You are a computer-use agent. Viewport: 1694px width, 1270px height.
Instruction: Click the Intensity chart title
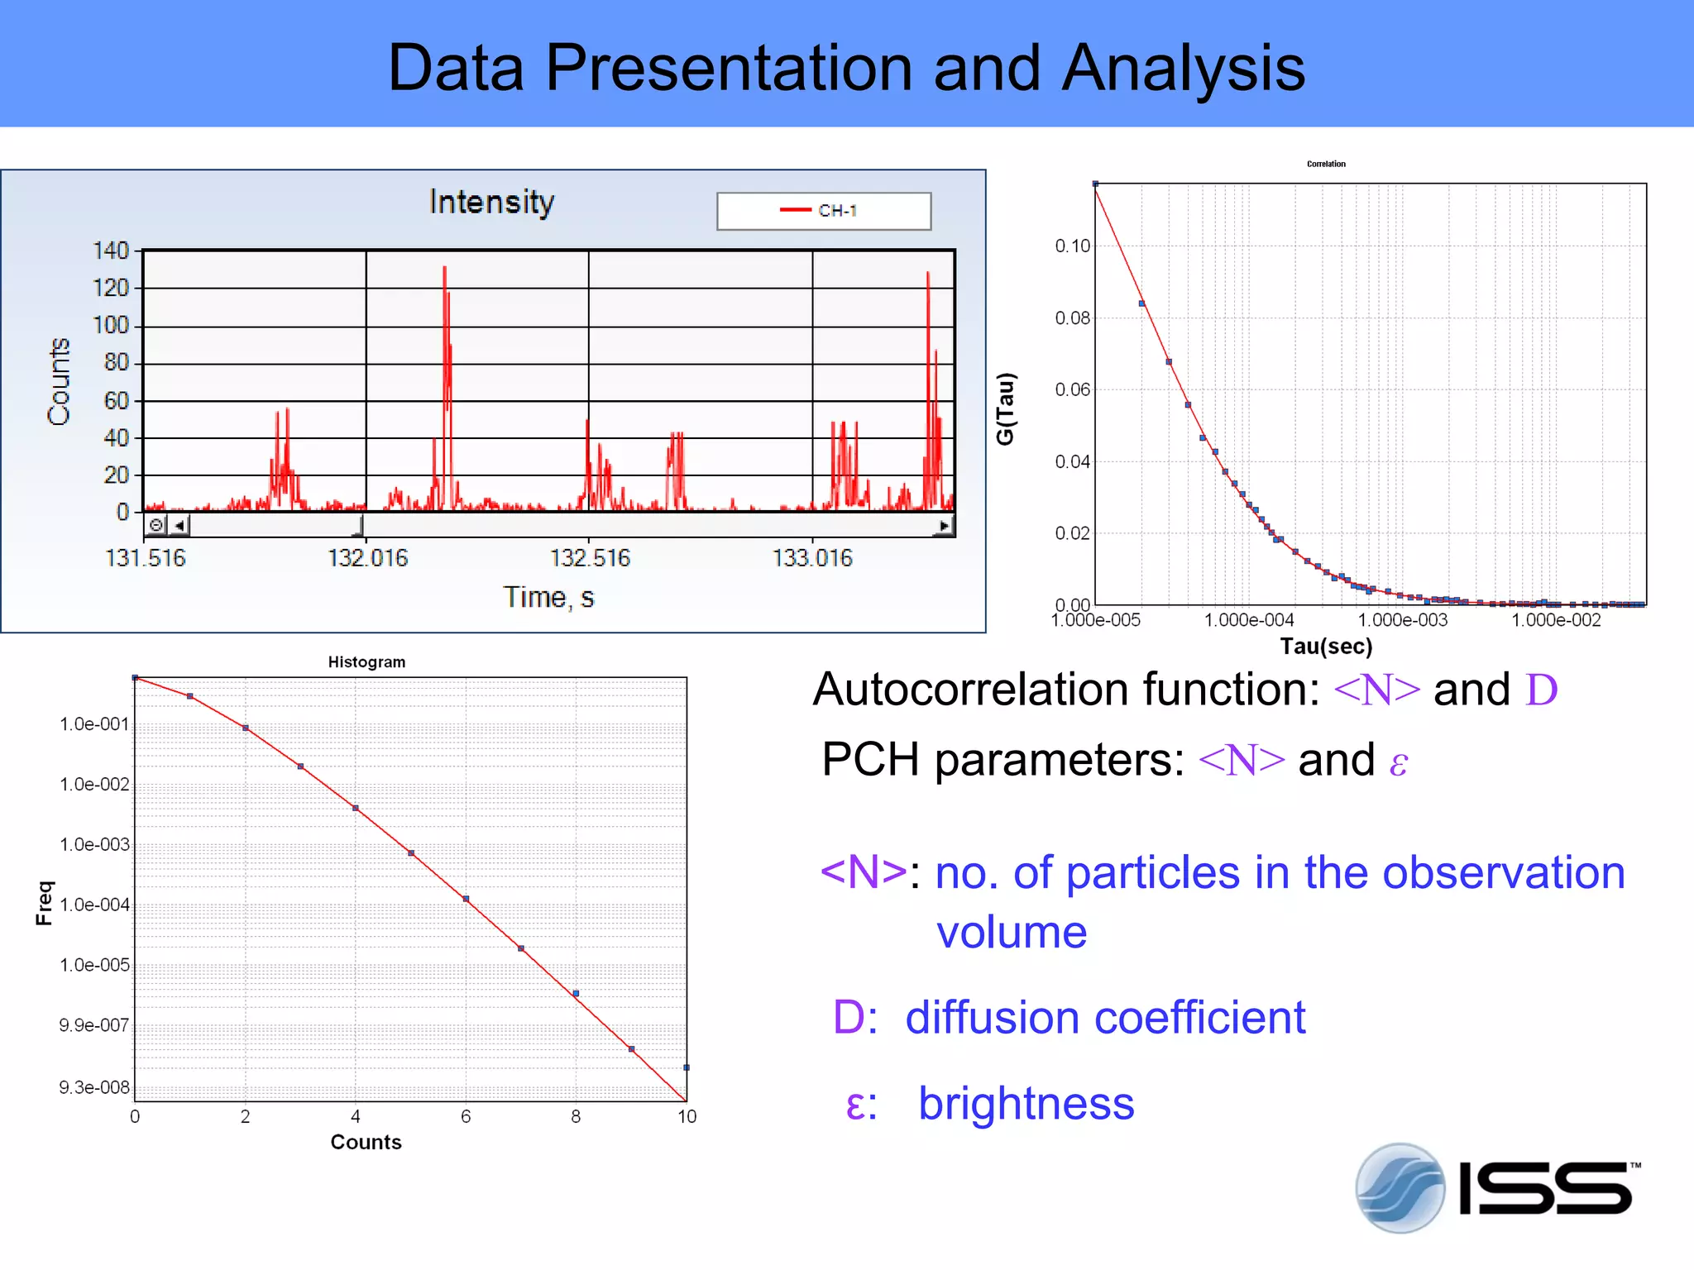point(491,202)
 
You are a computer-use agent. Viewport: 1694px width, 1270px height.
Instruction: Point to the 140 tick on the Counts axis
point(111,251)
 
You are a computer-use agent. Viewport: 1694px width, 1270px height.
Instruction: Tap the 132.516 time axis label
point(590,558)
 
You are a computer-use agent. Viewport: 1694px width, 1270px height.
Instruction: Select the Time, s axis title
point(548,597)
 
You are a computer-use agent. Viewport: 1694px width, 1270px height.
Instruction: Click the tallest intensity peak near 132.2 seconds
point(445,269)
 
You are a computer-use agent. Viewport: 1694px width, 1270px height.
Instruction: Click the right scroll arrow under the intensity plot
point(945,525)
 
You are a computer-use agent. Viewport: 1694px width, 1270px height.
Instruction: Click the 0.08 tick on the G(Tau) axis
point(1072,318)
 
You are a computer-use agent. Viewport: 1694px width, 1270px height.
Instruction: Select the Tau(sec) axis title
point(1326,647)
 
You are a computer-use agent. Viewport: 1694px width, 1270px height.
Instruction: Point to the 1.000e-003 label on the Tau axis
point(1403,620)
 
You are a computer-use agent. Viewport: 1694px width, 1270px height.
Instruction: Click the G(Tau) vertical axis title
point(1005,408)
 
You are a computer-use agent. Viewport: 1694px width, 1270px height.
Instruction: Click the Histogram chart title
point(366,662)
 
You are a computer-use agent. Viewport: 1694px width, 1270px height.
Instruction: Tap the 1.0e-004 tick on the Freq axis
point(94,905)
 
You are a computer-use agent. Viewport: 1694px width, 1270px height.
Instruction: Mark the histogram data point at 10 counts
point(687,1067)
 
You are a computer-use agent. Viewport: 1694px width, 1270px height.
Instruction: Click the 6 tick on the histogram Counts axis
point(466,1117)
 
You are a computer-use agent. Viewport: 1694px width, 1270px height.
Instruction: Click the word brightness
point(1026,1104)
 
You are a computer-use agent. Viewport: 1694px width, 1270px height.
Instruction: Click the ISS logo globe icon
point(1400,1188)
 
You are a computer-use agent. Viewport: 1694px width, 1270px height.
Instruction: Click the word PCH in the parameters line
point(870,759)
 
